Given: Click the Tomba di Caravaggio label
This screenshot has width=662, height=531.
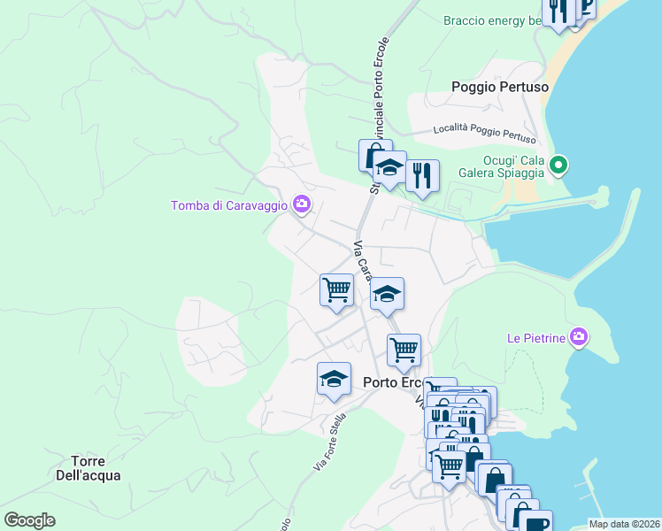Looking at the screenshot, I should click(229, 205).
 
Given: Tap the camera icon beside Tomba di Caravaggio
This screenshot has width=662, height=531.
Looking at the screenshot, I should click(302, 204).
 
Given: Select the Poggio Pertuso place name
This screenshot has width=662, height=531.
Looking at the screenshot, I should click(499, 87).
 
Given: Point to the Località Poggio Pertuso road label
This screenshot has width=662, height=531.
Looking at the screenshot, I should click(484, 133).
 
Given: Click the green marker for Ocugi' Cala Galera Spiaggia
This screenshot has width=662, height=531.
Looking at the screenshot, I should click(558, 165).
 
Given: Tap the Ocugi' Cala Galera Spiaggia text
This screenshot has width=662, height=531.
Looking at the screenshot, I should click(501, 166).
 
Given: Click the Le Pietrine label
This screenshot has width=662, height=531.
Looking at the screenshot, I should click(535, 337).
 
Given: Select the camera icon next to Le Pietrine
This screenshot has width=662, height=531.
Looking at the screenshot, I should click(579, 336).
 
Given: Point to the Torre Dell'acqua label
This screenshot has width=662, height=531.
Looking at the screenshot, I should click(95, 468).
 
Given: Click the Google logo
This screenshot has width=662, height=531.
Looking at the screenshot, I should click(29, 520).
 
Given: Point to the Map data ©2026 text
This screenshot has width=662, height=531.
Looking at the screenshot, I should click(624, 524).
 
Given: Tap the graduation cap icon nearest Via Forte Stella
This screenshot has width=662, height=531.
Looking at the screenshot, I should click(334, 379).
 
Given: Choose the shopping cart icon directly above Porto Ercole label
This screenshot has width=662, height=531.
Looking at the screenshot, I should click(404, 349).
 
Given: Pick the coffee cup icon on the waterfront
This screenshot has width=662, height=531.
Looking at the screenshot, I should click(535, 523).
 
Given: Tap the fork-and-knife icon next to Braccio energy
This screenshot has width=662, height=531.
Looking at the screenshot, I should click(558, 11).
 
